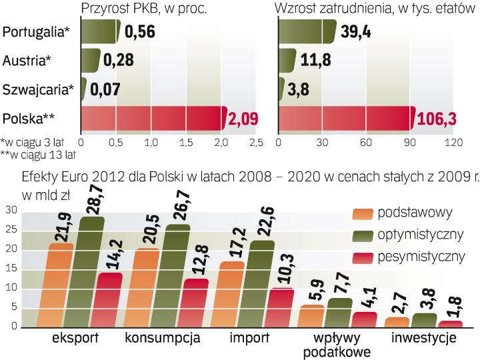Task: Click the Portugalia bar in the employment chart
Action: coord(307,31)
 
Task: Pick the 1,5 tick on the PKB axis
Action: coord(186,142)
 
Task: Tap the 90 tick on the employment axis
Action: coord(409,142)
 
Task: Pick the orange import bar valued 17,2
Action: coord(232,293)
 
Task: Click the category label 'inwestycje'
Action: coord(424,338)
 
